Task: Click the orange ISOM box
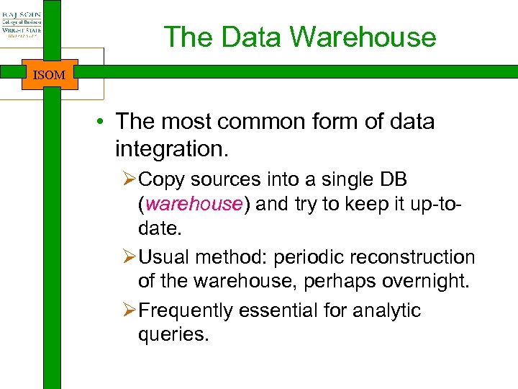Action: pyautogui.click(x=50, y=74)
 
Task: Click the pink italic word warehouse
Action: pyautogui.click(x=194, y=204)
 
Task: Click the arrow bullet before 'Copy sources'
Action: pyautogui.click(x=129, y=179)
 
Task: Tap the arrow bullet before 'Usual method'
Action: pyautogui.click(x=129, y=257)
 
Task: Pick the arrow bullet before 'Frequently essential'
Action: pyautogui.click(x=129, y=310)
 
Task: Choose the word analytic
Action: pyautogui.click(x=385, y=310)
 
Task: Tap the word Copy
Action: pyautogui.click(x=163, y=179)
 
